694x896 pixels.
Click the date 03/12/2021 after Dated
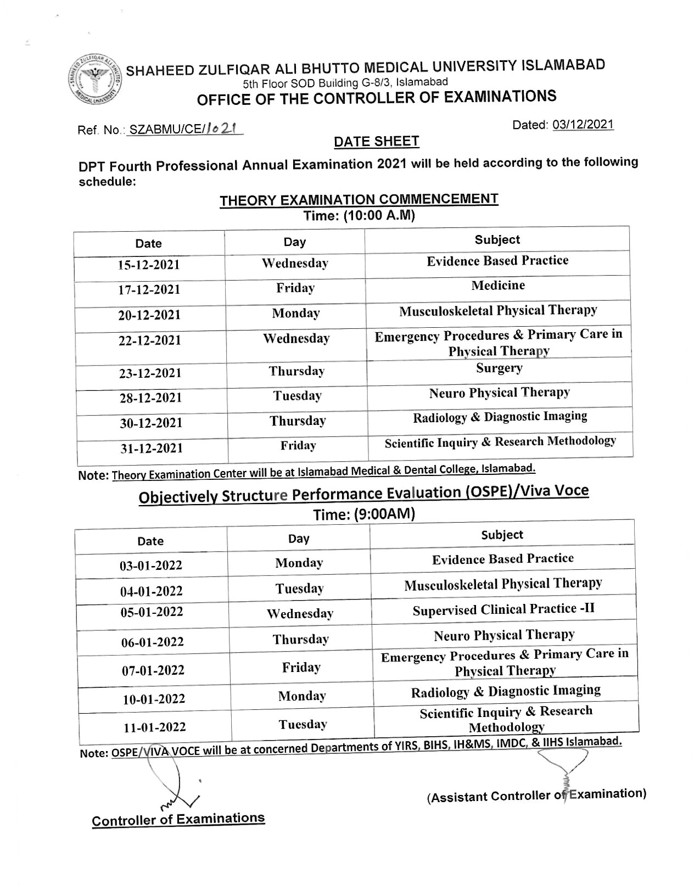(x=583, y=125)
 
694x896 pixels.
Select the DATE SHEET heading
(x=376, y=142)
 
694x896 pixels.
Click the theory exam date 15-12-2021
(x=149, y=265)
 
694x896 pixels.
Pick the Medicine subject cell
(x=497, y=285)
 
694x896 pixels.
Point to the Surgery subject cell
(x=499, y=368)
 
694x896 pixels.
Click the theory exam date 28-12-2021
(x=151, y=398)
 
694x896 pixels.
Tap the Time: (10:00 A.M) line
(x=359, y=216)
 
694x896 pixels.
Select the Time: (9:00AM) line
(x=363, y=514)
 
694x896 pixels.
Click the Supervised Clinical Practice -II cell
(x=503, y=610)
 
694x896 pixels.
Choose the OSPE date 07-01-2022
(x=153, y=670)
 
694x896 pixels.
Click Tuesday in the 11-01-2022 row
(x=302, y=725)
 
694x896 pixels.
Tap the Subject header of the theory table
(x=497, y=239)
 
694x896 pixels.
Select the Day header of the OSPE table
(x=299, y=539)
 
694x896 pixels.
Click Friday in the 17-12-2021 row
(x=295, y=288)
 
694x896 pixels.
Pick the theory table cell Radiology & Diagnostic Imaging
(x=500, y=417)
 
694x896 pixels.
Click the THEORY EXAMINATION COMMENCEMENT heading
(x=359, y=200)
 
